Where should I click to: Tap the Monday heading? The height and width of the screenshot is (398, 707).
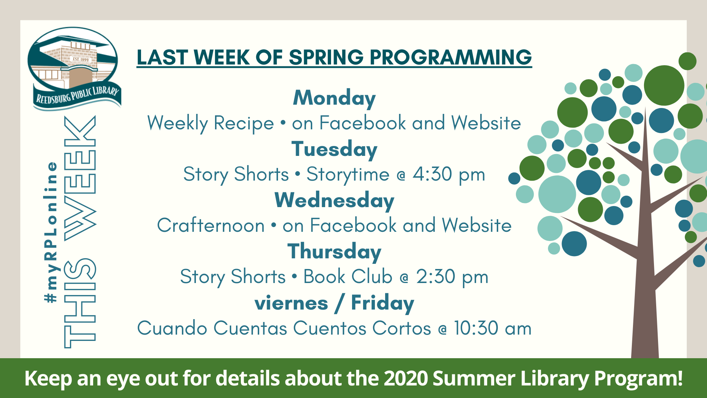[334, 98]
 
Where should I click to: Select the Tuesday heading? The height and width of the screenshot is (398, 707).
[334, 150]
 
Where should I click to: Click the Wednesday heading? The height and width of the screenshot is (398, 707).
[334, 201]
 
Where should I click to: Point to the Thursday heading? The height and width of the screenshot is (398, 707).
[334, 252]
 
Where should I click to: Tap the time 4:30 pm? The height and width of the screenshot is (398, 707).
[449, 175]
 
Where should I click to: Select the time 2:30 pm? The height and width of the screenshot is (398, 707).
[452, 277]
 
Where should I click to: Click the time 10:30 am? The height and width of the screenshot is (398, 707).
[493, 328]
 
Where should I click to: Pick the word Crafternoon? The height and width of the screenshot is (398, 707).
[211, 226]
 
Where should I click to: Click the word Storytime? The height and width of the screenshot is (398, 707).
[348, 175]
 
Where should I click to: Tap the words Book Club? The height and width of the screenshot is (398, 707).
[348, 276]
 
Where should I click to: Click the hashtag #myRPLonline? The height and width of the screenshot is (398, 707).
[50, 233]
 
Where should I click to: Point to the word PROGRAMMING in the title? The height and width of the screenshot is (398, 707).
[451, 57]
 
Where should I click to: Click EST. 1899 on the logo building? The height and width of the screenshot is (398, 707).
[81, 59]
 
